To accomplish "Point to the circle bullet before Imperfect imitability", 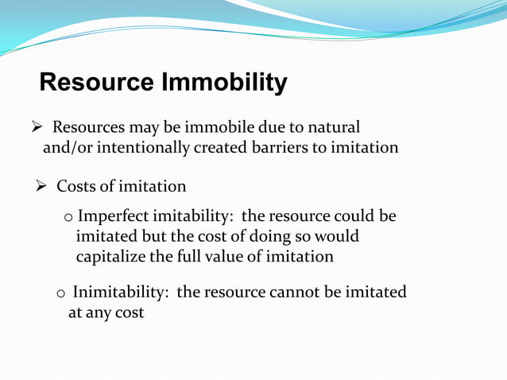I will pos(68,218).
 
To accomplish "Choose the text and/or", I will pos(64,148).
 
